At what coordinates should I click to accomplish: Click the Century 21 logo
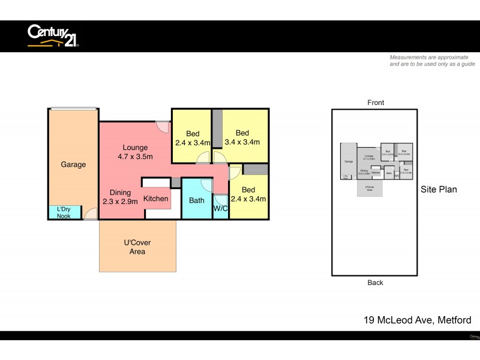tap(53, 35)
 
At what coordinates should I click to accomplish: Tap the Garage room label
tap(73, 164)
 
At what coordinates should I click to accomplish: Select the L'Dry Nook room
tap(64, 212)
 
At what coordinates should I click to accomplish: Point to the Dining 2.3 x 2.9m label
tap(120, 197)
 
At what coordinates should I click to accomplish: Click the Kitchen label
tap(156, 198)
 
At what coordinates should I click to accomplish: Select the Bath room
tap(197, 200)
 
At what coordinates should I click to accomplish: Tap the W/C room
tap(221, 208)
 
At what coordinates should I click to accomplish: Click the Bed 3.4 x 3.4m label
tap(242, 137)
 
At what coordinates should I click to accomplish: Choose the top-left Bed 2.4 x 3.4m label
tap(193, 138)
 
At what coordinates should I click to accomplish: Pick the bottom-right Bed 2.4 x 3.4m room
tap(248, 194)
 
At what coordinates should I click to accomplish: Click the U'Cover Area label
tap(137, 247)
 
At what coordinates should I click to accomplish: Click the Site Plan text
tap(438, 190)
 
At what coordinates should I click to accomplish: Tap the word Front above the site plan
tap(376, 103)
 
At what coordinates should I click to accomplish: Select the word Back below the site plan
tap(376, 283)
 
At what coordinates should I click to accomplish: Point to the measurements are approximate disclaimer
tap(432, 61)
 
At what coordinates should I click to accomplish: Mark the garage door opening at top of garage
tap(73, 109)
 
